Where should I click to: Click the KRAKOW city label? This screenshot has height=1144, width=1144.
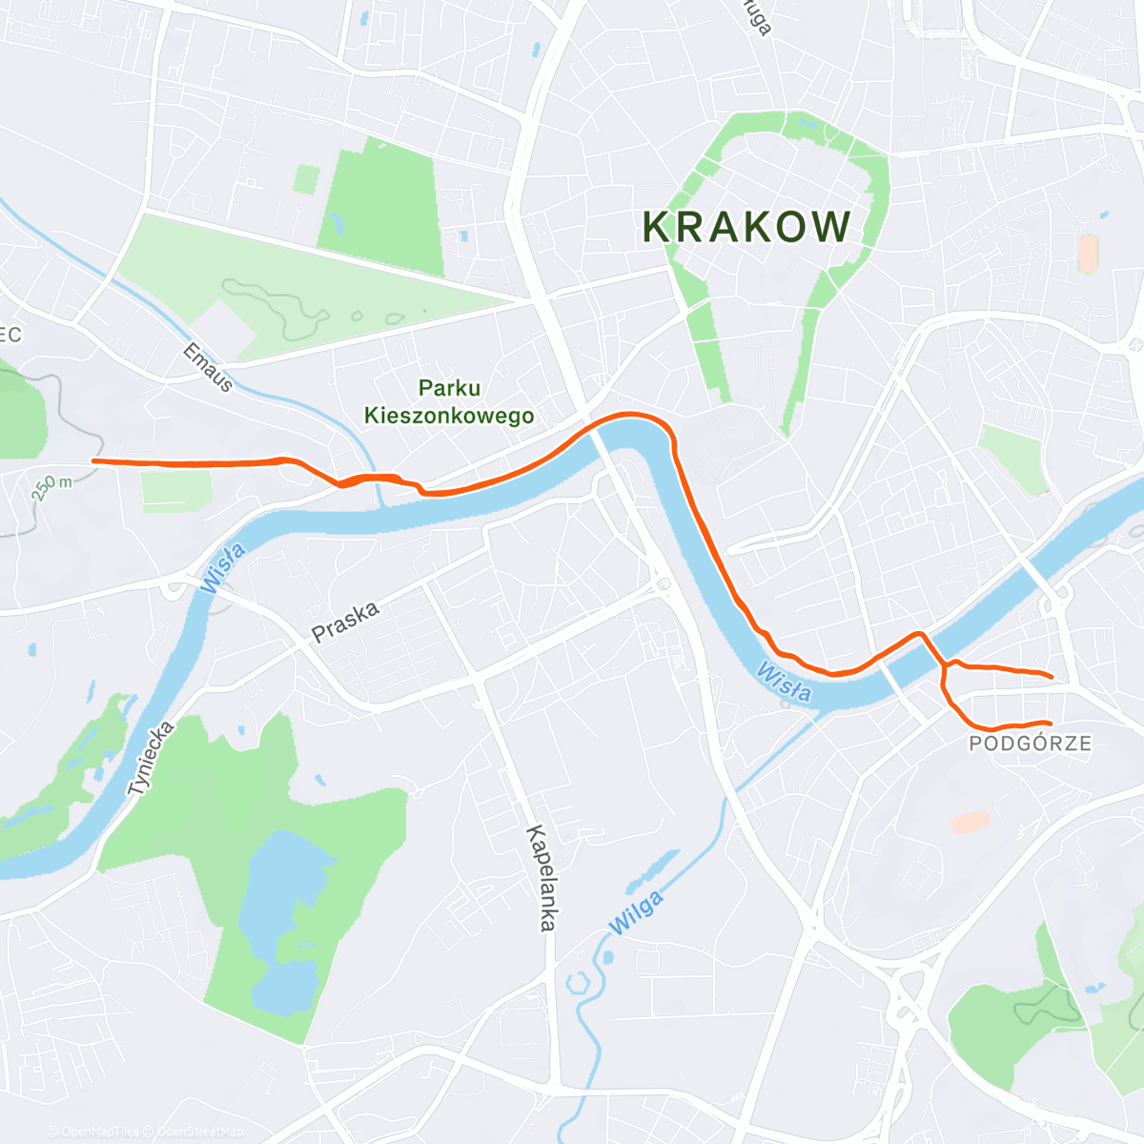(747, 227)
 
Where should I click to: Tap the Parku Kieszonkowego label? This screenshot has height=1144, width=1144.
(449, 401)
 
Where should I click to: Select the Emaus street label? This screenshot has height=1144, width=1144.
(208, 368)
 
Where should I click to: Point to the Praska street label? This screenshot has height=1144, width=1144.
(345, 621)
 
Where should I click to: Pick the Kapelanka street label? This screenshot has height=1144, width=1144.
(541, 877)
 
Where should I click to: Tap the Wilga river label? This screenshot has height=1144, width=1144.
(636, 913)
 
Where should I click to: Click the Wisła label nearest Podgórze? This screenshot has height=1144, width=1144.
(783, 683)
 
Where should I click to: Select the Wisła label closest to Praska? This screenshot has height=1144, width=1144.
(223, 567)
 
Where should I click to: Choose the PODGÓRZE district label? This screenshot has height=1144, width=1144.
(1031, 744)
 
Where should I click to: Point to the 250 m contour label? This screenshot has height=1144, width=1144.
(52, 486)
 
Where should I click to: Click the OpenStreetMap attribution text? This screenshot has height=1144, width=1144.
(200, 1132)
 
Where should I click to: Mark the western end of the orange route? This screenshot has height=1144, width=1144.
(92, 461)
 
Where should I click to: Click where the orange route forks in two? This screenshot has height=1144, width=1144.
(944, 665)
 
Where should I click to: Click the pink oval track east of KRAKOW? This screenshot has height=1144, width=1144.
(1088, 254)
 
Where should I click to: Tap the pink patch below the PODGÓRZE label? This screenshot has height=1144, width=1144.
(970, 821)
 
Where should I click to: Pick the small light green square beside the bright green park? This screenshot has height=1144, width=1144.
(306, 179)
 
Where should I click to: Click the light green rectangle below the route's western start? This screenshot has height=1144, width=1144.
(176, 490)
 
